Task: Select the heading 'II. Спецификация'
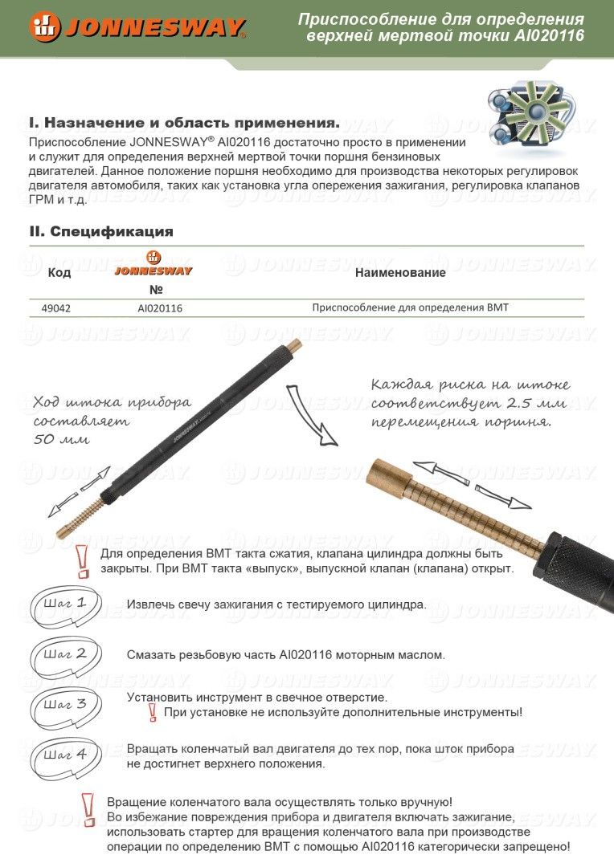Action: coord(101,232)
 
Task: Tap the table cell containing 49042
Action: coord(55,307)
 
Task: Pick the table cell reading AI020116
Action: coord(160,307)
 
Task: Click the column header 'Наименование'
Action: coord(399,273)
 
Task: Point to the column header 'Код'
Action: coord(59,273)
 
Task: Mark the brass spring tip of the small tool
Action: coord(84,517)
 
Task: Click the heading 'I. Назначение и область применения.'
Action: coord(184,124)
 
